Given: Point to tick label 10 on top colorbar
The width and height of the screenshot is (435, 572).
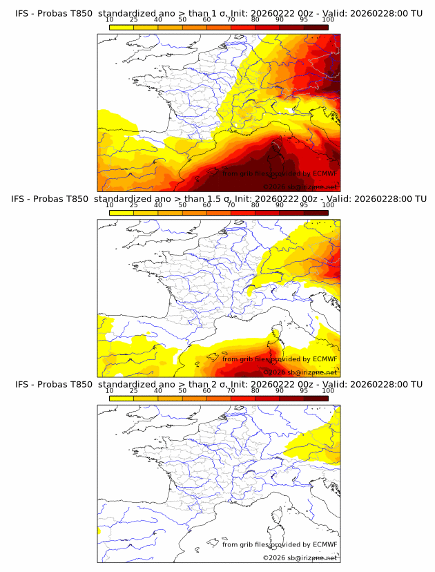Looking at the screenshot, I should tap(109, 20).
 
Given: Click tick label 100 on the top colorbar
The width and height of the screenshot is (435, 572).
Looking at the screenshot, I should tap(328, 20).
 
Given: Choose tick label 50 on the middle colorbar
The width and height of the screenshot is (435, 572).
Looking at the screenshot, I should tap(182, 205).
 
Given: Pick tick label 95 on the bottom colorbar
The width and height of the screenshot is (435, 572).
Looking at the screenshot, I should tap(304, 390).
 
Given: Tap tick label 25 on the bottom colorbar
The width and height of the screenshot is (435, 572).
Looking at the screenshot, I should tap(133, 390).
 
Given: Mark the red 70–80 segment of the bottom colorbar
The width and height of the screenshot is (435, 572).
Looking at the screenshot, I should tap(243, 397).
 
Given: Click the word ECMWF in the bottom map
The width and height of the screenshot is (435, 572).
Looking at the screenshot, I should tap(325, 544).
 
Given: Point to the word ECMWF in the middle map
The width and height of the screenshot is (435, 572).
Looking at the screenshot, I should tap(325, 359).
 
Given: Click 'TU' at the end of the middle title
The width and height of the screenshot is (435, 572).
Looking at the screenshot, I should tap(416, 198).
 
